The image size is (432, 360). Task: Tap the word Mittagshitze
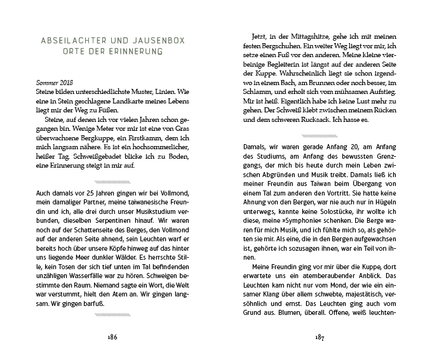(302, 36)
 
